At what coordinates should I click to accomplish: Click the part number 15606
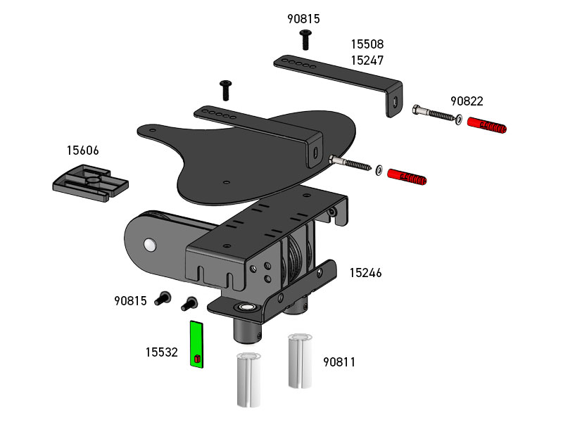click(82, 151)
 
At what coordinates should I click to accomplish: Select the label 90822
click(467, 101)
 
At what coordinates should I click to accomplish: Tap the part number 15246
click(365, 272)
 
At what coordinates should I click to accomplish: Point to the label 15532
click(161, 352)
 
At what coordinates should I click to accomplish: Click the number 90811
click(339, 362)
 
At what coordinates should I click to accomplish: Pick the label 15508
click(367, 44)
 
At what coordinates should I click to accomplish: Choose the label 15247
click(367, 61)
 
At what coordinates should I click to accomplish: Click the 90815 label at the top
click(303, 19)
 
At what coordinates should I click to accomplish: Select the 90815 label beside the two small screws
click(130, 301)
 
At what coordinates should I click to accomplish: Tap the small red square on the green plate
click(197, 359)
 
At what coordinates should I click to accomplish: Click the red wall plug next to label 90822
click(487, 127)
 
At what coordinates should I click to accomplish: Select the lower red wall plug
click(407, 177)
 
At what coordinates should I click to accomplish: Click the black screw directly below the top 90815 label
click(305, 39)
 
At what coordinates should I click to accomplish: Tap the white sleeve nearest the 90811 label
click(299, 361)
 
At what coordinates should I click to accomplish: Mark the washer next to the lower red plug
click(379, 170)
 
